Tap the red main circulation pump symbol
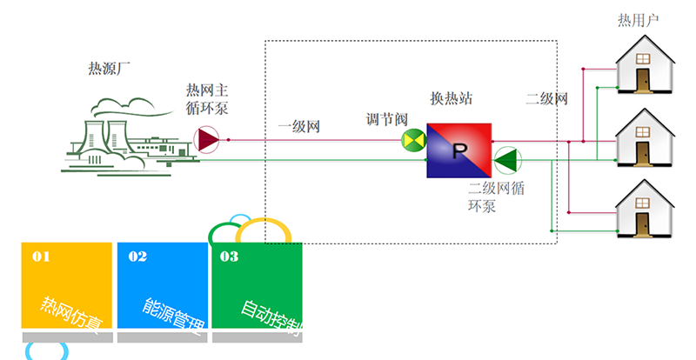207,139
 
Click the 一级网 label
299,127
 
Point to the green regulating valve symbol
412,140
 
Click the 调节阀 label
385,119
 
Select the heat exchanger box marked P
459,150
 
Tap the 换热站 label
452,97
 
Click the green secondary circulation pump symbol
505,160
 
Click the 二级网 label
546,98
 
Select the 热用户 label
638,20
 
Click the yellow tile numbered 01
67,286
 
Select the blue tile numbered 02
163,286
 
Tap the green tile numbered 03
258,286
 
